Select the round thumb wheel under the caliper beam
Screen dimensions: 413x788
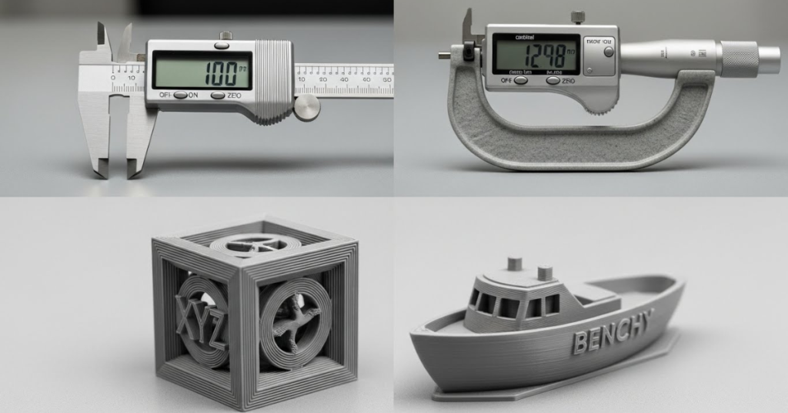306,107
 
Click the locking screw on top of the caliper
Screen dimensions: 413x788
225,35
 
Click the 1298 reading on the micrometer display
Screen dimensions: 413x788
550,56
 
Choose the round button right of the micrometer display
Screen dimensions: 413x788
609,52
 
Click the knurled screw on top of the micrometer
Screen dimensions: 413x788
577,17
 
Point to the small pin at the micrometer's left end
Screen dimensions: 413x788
444,55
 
